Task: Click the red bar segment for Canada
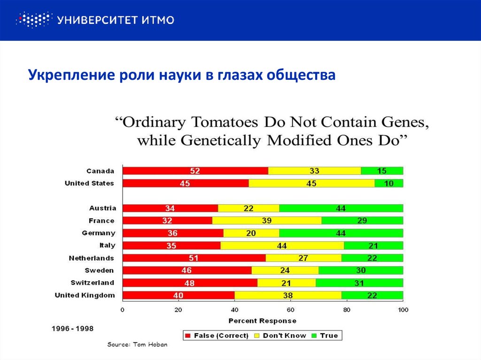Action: point(195,171)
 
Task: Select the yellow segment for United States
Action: point(311,184)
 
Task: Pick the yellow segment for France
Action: point(267,221)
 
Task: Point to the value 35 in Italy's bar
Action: point(171,245)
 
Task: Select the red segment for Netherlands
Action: point(194,258)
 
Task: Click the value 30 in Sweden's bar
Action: point(361,270)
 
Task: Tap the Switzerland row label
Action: point(92,283)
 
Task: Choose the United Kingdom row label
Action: point(85,295)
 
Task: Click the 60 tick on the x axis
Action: point(290,310)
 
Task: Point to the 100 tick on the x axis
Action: point(403,310)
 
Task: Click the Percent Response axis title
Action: point(263,321)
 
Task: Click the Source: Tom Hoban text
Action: point(137,345)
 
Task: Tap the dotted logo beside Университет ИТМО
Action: point(33,20)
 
